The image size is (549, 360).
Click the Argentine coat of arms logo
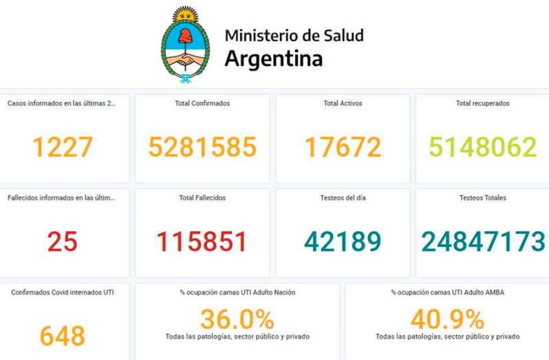click(183, 45)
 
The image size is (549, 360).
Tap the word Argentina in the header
click(273, 59)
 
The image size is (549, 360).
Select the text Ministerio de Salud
click(294, 35)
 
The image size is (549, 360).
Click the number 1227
click(62, 147)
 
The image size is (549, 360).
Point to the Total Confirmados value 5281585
click(202, 147)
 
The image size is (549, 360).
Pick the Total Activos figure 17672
click(342, 147)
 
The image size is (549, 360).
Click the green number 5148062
click(482, 147)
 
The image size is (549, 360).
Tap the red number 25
click(62, 241)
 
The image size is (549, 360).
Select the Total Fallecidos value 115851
click(202, 241)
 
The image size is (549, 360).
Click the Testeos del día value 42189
click(342, 241)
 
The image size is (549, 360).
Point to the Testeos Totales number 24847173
click(483, 241)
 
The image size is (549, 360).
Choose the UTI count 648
click(62, 336)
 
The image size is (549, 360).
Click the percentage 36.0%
click(237, 319)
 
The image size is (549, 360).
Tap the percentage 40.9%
click(447, 319)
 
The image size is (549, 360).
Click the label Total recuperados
click(482, 104)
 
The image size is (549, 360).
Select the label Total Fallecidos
click(202, 198)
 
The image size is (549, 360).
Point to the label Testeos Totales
click(482, 198)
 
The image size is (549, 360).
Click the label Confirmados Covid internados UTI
click(62, 292)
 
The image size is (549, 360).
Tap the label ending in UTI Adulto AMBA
click(447, 292)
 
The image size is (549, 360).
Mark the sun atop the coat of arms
click(183, 14)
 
